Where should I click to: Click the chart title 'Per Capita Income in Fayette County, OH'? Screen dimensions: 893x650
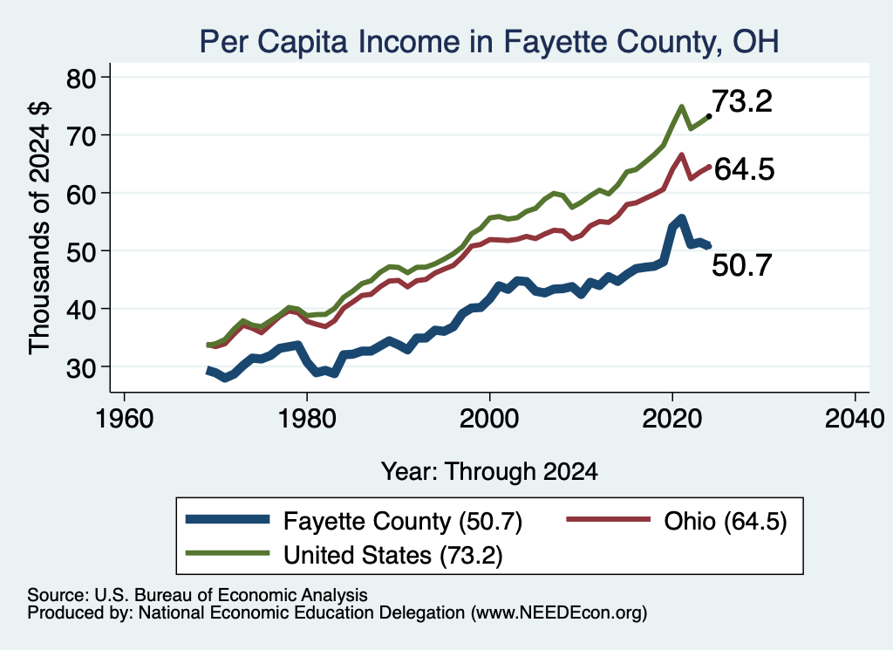click(488, 42)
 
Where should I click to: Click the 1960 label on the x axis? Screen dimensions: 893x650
click(124, 419)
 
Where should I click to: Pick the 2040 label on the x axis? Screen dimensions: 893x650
click(855, 419)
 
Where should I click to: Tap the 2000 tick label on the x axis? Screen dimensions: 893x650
click(489, 419)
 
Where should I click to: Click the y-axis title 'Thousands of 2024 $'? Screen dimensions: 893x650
click(40, 228)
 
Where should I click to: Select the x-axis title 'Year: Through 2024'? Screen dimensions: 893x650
click(489, 472)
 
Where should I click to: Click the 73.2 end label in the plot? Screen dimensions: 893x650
click(742, 101)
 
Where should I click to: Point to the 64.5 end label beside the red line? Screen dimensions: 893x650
click(744, 169)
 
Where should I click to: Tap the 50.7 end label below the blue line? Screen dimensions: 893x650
click(742, 265)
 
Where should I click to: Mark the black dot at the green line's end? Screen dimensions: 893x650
click(708, 116)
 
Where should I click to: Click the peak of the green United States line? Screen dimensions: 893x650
click(681, 106)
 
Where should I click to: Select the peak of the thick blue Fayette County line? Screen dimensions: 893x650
click(681, 219)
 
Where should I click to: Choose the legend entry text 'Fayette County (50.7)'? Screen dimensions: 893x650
click(403, 521)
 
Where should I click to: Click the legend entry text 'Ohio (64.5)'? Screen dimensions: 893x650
click(726, 521)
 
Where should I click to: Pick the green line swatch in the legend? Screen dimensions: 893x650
click(228, 553)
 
